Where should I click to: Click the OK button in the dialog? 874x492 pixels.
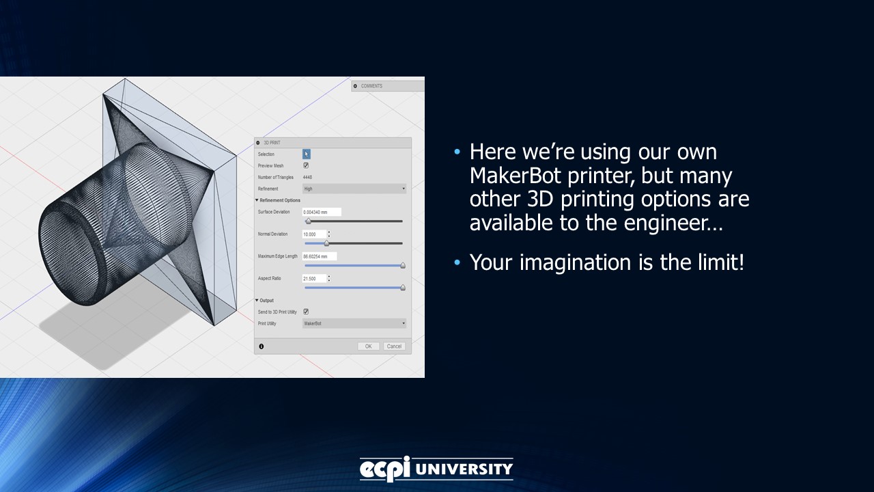[368, 346]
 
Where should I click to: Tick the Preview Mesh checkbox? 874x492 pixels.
[306, 165]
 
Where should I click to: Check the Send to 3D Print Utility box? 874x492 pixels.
[306, 312]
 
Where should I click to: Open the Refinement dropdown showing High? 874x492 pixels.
[354, 189]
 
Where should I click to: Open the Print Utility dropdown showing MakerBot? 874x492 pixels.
[354, 323]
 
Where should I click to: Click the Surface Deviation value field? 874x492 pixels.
[321, 213]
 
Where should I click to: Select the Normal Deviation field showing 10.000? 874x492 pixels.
[314, 234]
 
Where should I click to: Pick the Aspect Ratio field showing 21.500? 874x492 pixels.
[314, 279]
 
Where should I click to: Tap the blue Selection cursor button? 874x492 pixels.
[307, 154]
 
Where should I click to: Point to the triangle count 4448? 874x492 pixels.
[307, 177]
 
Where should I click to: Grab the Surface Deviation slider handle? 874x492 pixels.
[308, 221]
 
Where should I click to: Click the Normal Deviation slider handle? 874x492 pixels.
[326, 243]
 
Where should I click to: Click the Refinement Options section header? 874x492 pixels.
[279, 200]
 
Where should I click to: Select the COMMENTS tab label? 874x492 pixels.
[371, 86]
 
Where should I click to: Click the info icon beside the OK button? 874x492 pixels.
[261, 346]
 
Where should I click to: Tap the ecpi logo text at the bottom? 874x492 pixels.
[385, 469]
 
